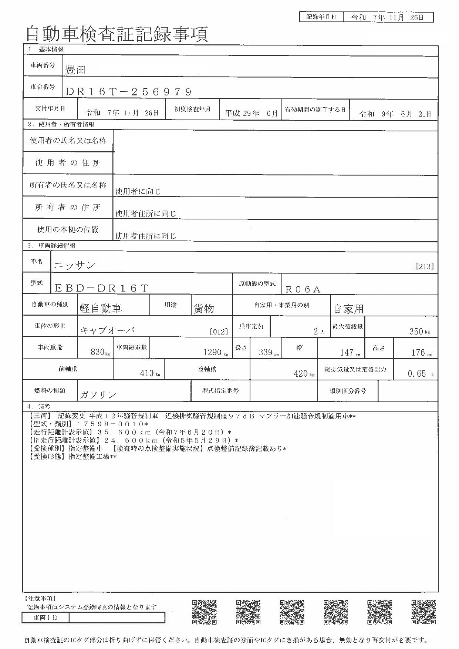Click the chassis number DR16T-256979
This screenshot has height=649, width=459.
coord(129,92)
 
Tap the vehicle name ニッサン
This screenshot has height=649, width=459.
coord(75,265)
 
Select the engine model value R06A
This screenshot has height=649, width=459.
coord(303,289)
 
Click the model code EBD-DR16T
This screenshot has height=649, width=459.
coord(101,288)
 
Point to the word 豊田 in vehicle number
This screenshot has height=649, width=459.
coord(75,70)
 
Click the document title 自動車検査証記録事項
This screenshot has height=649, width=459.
coord(117,34)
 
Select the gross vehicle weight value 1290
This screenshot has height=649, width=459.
coord(212,352)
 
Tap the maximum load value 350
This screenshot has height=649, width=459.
coord(416,331)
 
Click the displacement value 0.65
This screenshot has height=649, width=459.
coord(417,374)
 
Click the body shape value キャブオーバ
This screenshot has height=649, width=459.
coord(108,330)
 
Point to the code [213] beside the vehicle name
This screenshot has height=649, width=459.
coord(425,266)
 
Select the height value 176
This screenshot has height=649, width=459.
coord(418,352)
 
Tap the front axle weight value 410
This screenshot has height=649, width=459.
coord(147,373)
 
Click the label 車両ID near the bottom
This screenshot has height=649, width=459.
coord(45,618)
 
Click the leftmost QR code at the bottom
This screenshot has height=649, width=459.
coord(204,612)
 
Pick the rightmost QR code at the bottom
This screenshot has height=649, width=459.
coord(423,612)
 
